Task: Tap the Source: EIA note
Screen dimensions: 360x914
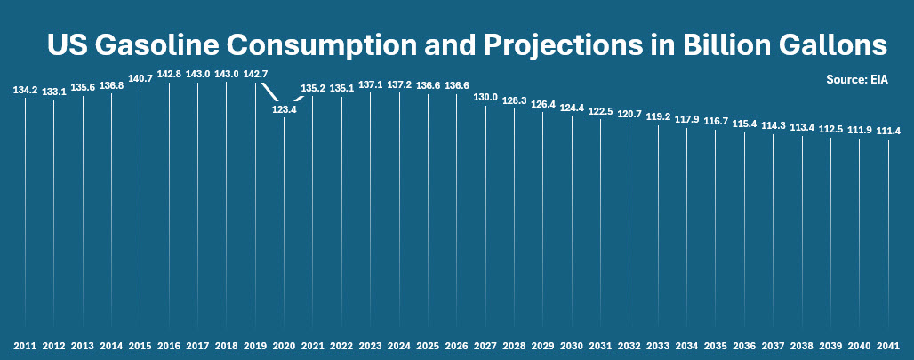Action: [x=856, y=79]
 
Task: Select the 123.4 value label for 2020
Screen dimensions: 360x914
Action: [x=285, y=109]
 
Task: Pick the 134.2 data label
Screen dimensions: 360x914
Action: [x=25, y=90]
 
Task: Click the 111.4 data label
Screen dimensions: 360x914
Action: [x=888, y=131]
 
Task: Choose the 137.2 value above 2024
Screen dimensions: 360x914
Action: [x=399, y=84]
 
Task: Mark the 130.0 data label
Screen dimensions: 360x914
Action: [x=485, y=97]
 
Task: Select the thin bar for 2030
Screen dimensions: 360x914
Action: [x=572, y=222]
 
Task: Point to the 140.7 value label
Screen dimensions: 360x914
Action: [x=140, y=78]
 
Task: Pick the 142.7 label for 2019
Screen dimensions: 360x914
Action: [x=255, y=75]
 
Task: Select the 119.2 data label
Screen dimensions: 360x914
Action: [x=658, y=116]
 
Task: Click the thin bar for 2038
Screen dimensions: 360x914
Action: [x=802, y=231]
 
